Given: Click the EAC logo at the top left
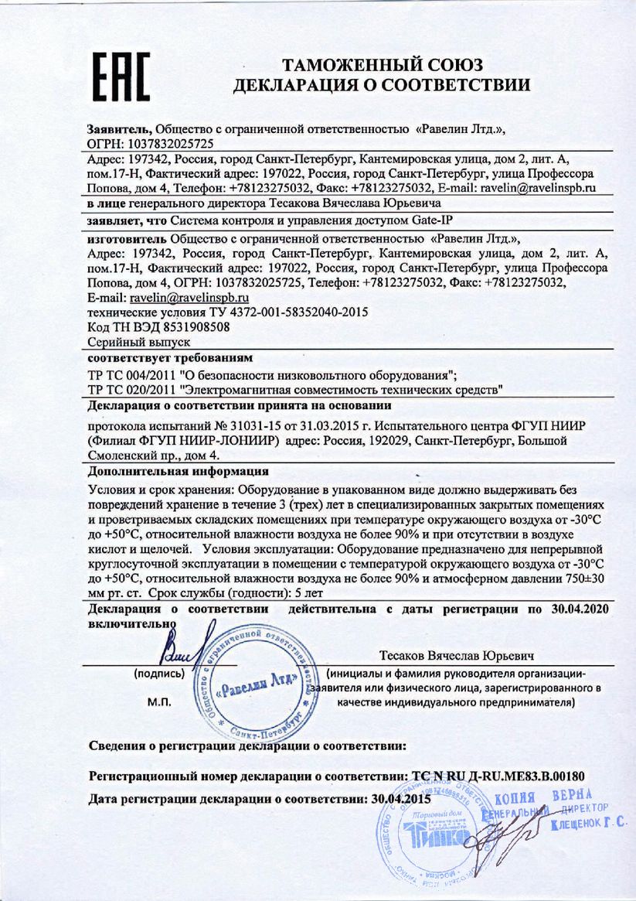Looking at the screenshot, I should (x=122, y=77).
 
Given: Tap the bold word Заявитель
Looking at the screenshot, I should (x=120, y=128).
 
